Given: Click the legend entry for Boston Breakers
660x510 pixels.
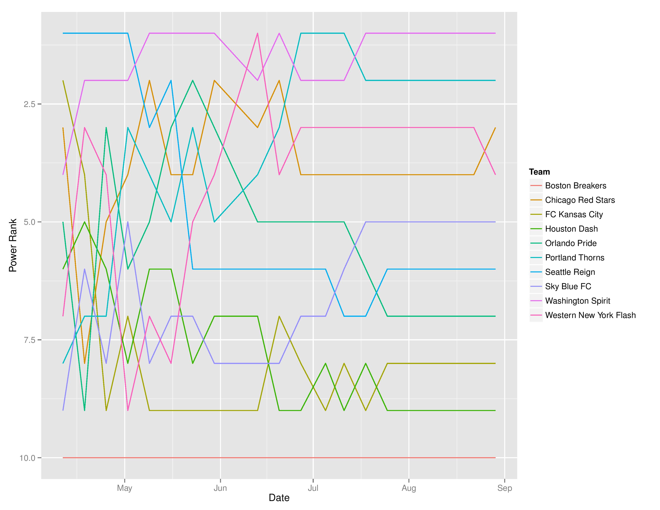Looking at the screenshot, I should [x=575, y=186].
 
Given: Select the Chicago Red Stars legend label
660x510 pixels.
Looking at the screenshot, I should [x=580, y=200].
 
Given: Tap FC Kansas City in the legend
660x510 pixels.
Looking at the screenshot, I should [x=574, y=215].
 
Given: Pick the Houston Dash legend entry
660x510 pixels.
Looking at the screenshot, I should [x=571, y=229].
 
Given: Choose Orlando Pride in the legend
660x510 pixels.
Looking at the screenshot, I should [x=571, y=243].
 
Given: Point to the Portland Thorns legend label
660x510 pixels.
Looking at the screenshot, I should [x=574, y=258].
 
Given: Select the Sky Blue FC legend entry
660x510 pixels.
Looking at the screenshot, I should [x=568, y=286].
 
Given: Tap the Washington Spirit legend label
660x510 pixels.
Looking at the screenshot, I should [x=578, y=301].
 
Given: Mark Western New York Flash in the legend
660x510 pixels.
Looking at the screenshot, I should [x=590, y=315].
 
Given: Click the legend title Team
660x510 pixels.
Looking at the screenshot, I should [x=539, y=172].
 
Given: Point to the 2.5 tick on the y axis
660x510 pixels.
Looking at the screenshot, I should [x=29, y=104].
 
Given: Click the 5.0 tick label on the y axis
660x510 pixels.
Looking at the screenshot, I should [x=29, y=222].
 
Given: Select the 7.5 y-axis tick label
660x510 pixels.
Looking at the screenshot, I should [x=29, y=340].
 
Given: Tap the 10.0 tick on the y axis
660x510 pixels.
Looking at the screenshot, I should [x=27, y=458].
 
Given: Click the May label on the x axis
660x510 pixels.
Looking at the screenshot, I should [x=125, y=488].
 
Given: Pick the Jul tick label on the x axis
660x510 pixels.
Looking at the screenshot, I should [x=313, y=488].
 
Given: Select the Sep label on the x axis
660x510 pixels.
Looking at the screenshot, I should [x=504, y=488].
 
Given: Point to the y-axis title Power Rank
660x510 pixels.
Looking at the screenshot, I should [x=13, y=245].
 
